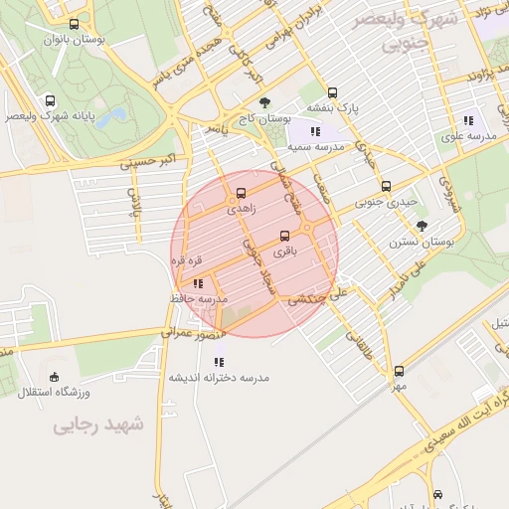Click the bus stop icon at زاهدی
coord(242,194)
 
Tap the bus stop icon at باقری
coord(285,236)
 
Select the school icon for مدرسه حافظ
coord(198,283)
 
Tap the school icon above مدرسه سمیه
coord(315,130)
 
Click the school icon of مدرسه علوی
coord(468,120)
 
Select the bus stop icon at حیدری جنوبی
coord(386,186)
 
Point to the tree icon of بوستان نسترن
coord(422,226)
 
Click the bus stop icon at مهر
coord(399,371)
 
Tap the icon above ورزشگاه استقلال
coord(54,377)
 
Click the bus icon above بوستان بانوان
coord(75,25)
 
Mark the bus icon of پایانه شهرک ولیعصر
coord(51,100)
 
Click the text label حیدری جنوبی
coord(386,202)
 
